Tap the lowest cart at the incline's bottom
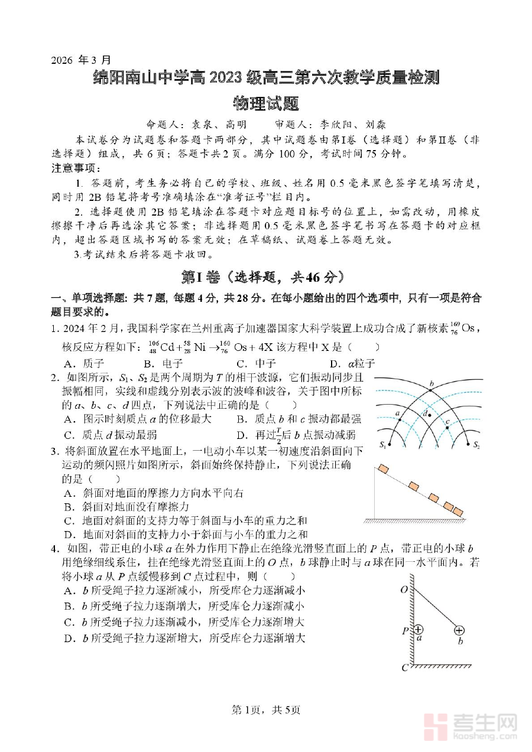[x=457, y=512]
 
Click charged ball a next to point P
[x=419, y=630]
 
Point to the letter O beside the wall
[x=404, y=590]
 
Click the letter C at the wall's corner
[x=405, y=668]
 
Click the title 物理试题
[x=266, y=104]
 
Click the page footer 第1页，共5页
[x=265, y=709]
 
